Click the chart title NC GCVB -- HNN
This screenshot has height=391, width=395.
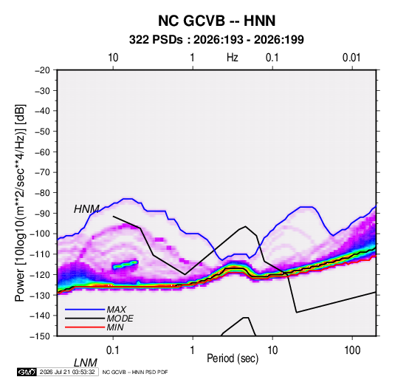(216, 21)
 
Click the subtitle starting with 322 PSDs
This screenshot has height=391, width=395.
(216, 40)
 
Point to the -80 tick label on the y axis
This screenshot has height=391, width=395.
(42, 193)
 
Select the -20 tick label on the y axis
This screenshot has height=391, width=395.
(42, 70)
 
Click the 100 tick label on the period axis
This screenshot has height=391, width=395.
(352, 350)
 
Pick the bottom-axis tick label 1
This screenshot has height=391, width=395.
(193, 350)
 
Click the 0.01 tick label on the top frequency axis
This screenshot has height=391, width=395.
(351, 58)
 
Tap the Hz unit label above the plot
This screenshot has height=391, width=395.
(233, 58)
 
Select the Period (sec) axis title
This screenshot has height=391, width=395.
(233, 358)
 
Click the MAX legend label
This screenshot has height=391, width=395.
(117, 310)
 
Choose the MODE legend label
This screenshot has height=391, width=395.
(120, 319)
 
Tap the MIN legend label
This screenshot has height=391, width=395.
(115, 327)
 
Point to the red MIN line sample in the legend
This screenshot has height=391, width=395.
(85, 327)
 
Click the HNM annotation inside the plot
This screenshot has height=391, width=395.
(86, 209)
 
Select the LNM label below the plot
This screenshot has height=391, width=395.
(86, 363)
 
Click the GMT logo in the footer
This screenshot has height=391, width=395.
(27, 372)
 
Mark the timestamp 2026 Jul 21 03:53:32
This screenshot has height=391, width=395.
(67, 372)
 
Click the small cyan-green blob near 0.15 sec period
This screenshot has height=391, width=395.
(126, 265)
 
